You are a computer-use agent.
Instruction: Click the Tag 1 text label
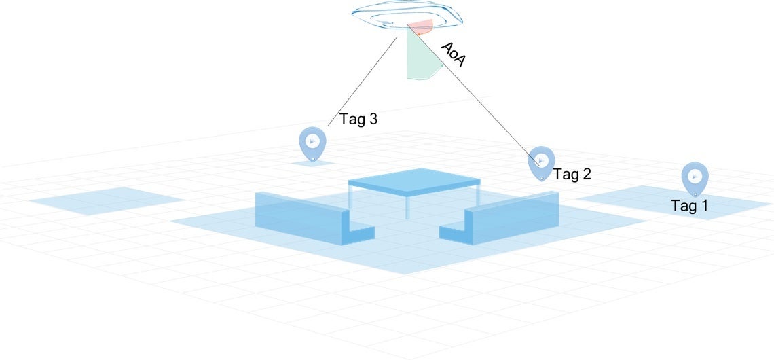tap(689, 206)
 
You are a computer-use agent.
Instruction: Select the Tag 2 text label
tap(572, 174)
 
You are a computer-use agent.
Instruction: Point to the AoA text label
tap(453, 54)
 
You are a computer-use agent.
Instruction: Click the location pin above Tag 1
tap(695, 177)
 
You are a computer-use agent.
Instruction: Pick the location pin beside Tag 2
tap(541, 162)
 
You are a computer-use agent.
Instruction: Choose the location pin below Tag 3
tap(312, 143)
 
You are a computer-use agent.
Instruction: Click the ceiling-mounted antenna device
tap(407, 18)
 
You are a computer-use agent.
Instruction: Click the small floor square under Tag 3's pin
tap(313, 164)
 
